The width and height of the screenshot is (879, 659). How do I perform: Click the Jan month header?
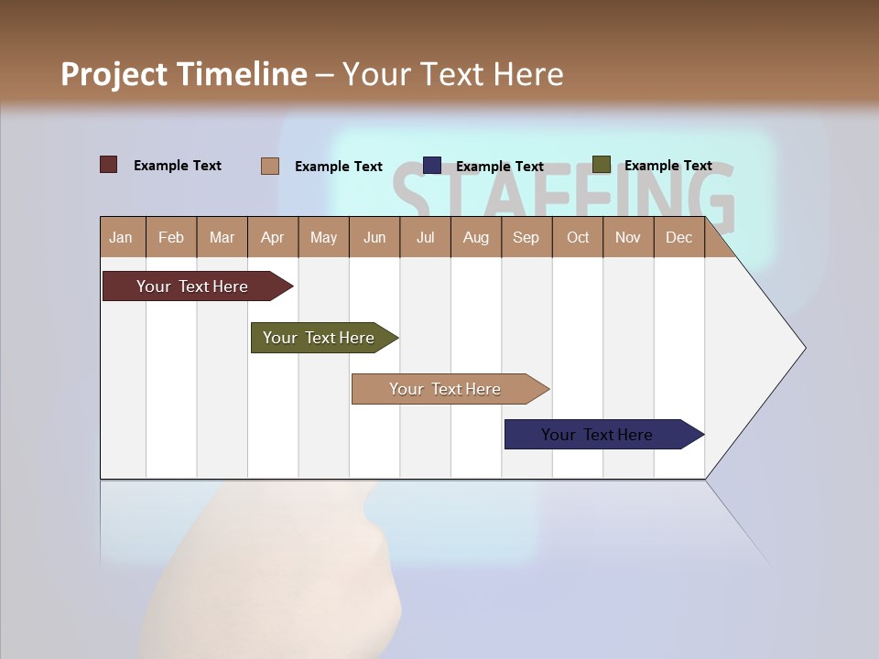(121, 238)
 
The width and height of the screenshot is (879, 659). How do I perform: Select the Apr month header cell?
(272, 238)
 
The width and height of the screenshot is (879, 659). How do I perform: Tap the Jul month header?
(425, 238)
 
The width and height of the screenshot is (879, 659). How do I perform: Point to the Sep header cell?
(526, 238)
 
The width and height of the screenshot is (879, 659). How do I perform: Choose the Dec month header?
(678, 238)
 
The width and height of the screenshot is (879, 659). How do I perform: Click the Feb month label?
(171, 238)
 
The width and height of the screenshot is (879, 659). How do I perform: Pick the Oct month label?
(577, 238)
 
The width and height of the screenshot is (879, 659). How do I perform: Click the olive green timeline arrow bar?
(320, 338)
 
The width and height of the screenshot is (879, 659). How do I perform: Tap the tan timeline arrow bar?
(446, 389)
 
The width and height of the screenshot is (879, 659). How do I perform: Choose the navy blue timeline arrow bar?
(599, 435)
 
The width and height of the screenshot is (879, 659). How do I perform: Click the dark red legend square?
(108, 165)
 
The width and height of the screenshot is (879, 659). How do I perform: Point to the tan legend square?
(269, 166)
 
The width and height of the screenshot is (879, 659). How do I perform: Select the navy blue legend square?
(432, 165)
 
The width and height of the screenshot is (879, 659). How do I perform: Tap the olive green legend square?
(601, 165)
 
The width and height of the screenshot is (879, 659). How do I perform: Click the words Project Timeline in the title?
(183, 74)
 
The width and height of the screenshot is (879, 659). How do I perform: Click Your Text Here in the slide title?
(452, 74)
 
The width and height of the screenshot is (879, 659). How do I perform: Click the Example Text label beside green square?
(667, 166)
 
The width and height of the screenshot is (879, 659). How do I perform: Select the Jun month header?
(374, 238)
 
